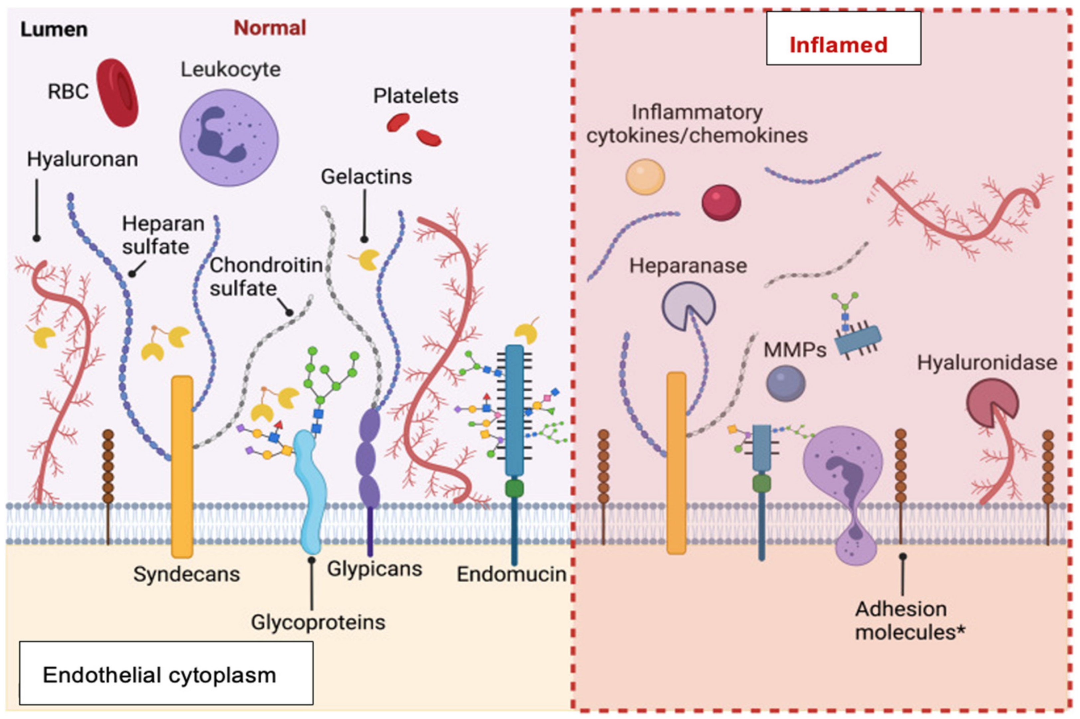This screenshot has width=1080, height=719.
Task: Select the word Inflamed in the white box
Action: click(x=838, y=45)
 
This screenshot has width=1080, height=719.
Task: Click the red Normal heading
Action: click(x=270, y=28)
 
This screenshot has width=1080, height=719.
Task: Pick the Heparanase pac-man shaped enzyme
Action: click(x=687, y=305)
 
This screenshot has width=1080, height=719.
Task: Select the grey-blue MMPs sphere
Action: click(x=785, y=383)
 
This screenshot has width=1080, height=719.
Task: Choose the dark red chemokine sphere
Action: click(x=721, y=202)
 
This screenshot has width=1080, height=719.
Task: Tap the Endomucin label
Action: click(x=511, y=574)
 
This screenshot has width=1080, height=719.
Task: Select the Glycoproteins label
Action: click(x=318, y=622)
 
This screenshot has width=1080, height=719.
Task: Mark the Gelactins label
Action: click(x=366, y=176)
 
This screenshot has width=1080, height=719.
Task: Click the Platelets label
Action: click(x=415, y=96)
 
